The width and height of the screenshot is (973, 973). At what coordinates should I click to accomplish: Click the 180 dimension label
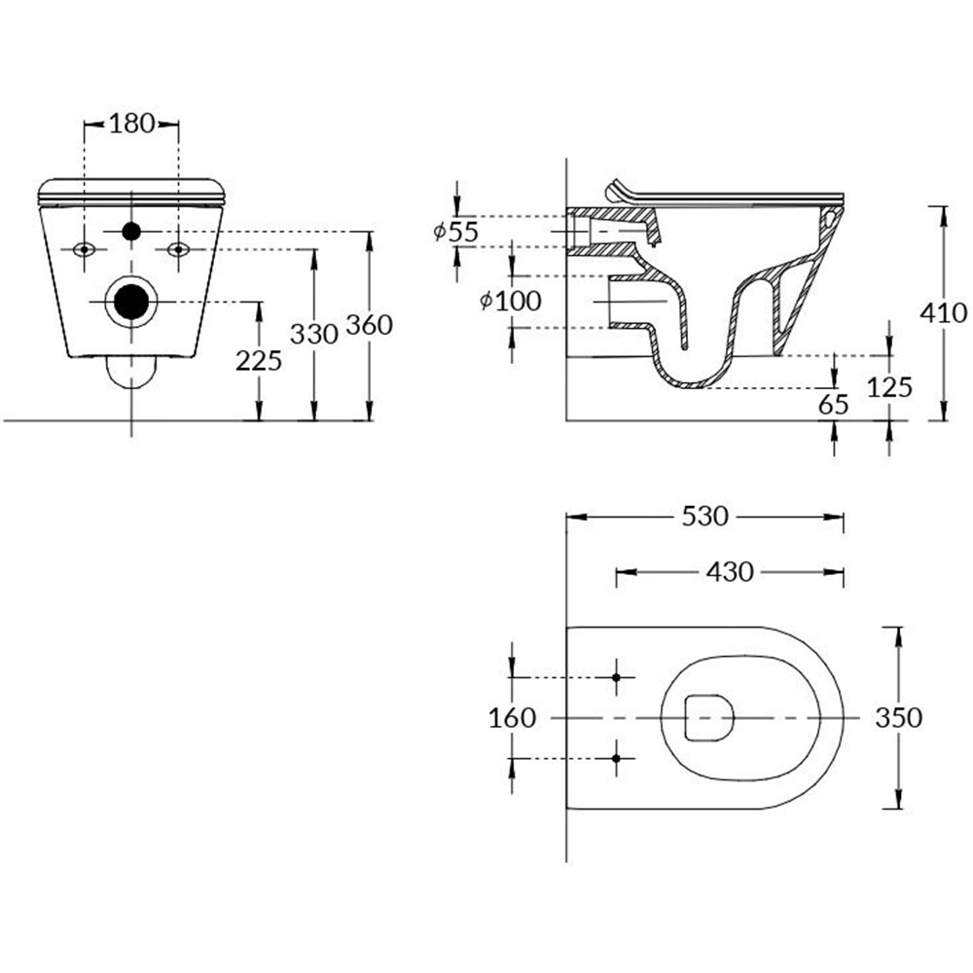click(131, 124)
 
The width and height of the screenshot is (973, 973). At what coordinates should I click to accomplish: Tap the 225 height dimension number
click(259, 361)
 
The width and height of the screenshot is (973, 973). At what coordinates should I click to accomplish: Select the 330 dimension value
click(314, 335)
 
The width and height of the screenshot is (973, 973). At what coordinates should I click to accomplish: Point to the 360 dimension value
click(369, 325)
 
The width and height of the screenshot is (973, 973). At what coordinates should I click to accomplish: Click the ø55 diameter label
click(456, 233)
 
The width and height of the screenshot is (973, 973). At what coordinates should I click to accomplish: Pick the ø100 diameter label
click(511, 302)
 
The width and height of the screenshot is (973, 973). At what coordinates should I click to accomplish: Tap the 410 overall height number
click(943, 313)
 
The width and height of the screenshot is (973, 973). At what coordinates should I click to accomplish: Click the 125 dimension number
click(890, 387)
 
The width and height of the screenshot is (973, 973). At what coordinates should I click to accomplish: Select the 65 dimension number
click(834, 405)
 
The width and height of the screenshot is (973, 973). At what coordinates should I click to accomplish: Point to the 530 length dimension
click(704, 517)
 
